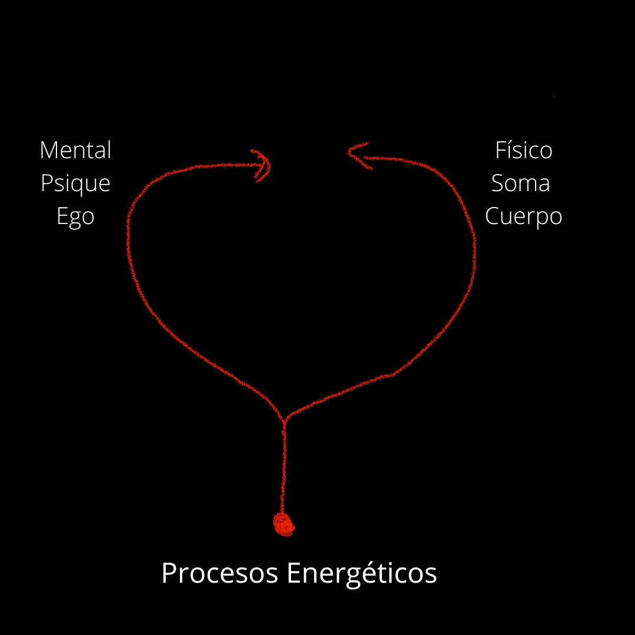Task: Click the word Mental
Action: [x=75, y=151]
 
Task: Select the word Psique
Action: [x=75, y=184]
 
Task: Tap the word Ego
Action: [x=75, y=217]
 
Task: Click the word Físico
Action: [x=523, y=151]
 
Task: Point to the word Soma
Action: [x=521, y=183]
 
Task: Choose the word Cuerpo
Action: [x=523, y=217]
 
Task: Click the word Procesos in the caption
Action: [x=220, y=573]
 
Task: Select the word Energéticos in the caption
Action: [x=362, y=573]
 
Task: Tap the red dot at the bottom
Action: [x=284, y=524]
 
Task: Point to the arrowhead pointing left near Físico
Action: [x=356, y=155]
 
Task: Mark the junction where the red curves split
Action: [x=284, y=421]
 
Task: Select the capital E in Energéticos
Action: [x=294, y=573]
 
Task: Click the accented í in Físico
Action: [x=511, y=151]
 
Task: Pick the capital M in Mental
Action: [x=49, y=151]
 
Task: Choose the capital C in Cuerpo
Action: [x=492, y=217]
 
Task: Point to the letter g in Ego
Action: [x=75, y=219]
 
